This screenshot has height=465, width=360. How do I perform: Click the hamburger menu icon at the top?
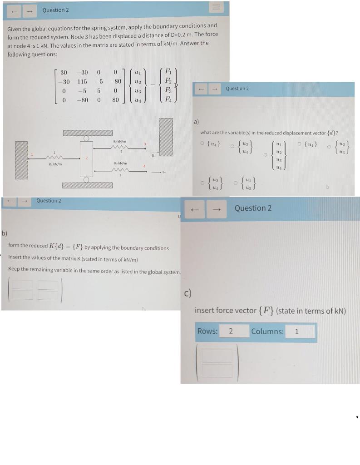(216, 7)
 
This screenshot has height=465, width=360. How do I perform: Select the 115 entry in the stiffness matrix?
(82, 82)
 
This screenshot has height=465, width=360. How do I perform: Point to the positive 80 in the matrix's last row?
(115, 99)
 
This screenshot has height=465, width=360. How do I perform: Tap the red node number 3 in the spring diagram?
(144, 144)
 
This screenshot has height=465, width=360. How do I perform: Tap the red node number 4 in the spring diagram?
(144, 166)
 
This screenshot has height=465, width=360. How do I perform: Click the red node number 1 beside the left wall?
(32, 155)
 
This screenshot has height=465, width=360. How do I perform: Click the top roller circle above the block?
(86, 138)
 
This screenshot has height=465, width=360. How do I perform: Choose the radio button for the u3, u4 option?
(232, 146)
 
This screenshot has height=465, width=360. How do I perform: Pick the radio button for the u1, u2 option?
(236, 183)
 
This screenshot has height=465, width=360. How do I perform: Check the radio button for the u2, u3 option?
(329, 146)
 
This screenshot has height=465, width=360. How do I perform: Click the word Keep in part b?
(14, 269)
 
